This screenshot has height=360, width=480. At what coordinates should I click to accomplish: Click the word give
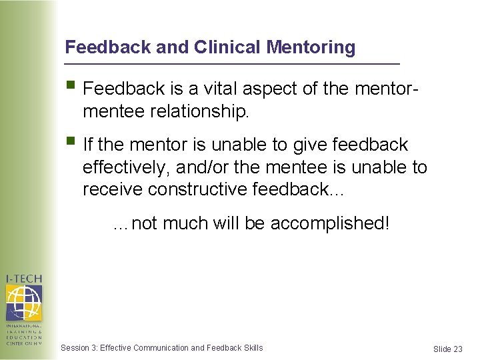303,145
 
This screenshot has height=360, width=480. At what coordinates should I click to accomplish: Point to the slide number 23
457,349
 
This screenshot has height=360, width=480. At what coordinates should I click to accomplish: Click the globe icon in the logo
23,303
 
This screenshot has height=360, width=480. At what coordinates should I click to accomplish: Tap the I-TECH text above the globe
23,279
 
